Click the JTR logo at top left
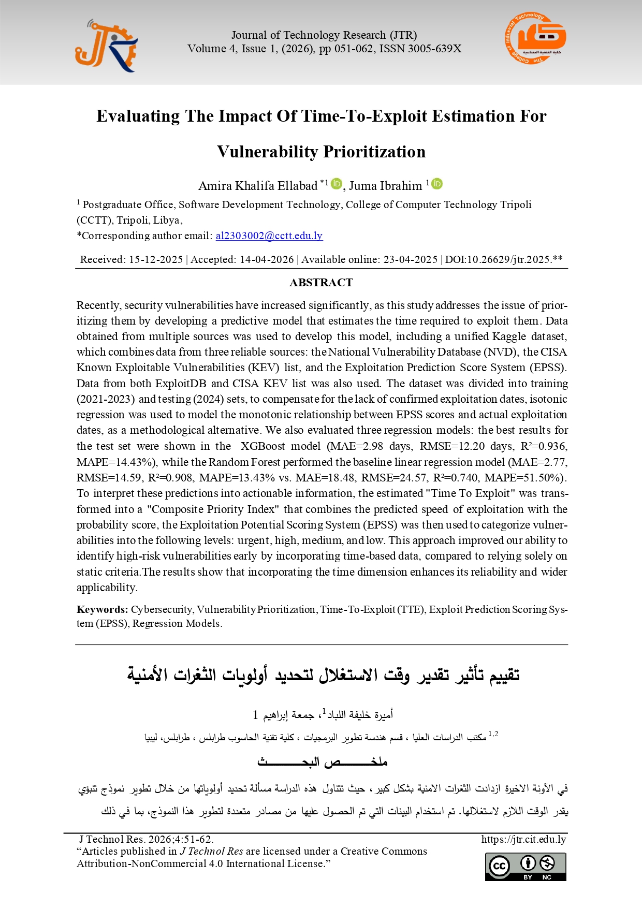point(106,46)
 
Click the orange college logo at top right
point(535,39)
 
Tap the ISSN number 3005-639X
point(434,49)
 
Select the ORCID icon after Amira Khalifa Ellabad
point(337,184)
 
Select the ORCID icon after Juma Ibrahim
point(437,184)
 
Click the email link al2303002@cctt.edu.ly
point(269,236)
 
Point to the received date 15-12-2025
point(155,260)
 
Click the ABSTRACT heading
point(321,283)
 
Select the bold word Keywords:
point(102,609)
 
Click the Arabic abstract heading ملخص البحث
point(322,761)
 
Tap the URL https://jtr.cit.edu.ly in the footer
point(523,839)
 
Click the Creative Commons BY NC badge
point(526,867)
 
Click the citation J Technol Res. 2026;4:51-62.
point(146,839)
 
